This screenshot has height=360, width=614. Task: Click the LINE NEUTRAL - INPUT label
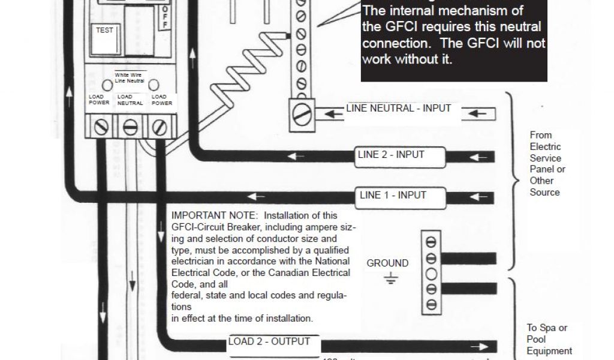point(398,109)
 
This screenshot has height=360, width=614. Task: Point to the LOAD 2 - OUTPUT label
point(269,342)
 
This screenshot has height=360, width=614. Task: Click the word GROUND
point(387,263)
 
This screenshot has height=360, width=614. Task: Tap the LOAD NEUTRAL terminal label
point(130,100)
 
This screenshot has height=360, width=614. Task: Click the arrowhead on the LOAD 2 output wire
point(480,346)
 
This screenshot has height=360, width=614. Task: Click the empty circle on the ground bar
point(431,274)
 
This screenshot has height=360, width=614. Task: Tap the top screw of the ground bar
point(431,242)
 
